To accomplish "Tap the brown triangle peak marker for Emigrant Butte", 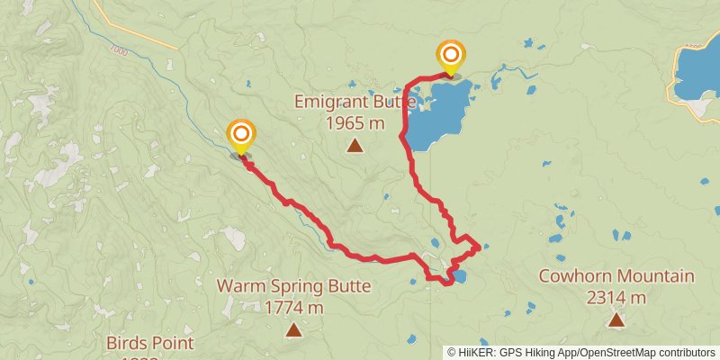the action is [x=355, y=145].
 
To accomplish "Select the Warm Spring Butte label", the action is [x=293, y=288].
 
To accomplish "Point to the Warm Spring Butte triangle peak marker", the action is [x=293, y=330].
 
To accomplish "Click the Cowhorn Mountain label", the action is [x=616, y=276].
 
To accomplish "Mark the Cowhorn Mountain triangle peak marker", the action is [x=616, y=319].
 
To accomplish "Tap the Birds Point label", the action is [x=149, y=343].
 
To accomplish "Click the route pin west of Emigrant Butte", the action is [x=240, y=138].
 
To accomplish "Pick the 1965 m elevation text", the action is [x=355, y=122].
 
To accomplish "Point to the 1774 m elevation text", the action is [x=294, y=308].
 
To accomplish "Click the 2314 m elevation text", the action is [x=616, y=297].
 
